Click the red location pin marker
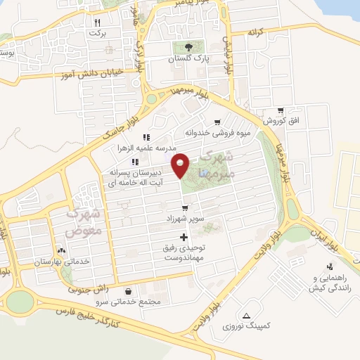tap(181, 165)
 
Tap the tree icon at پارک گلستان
tap(184, 48)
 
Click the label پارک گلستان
tap(184, 60)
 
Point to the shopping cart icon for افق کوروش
tap(281, 110)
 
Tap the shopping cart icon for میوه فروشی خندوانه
tap(217, 122)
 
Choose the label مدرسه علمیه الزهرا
tap(146, 148)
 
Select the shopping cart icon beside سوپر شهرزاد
tap(185, 208)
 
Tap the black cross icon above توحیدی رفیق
tap(184, 238)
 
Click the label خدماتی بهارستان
tap(61, 261)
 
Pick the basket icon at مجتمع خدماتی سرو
tap(128, 291)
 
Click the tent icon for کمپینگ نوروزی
tap(246, 316)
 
